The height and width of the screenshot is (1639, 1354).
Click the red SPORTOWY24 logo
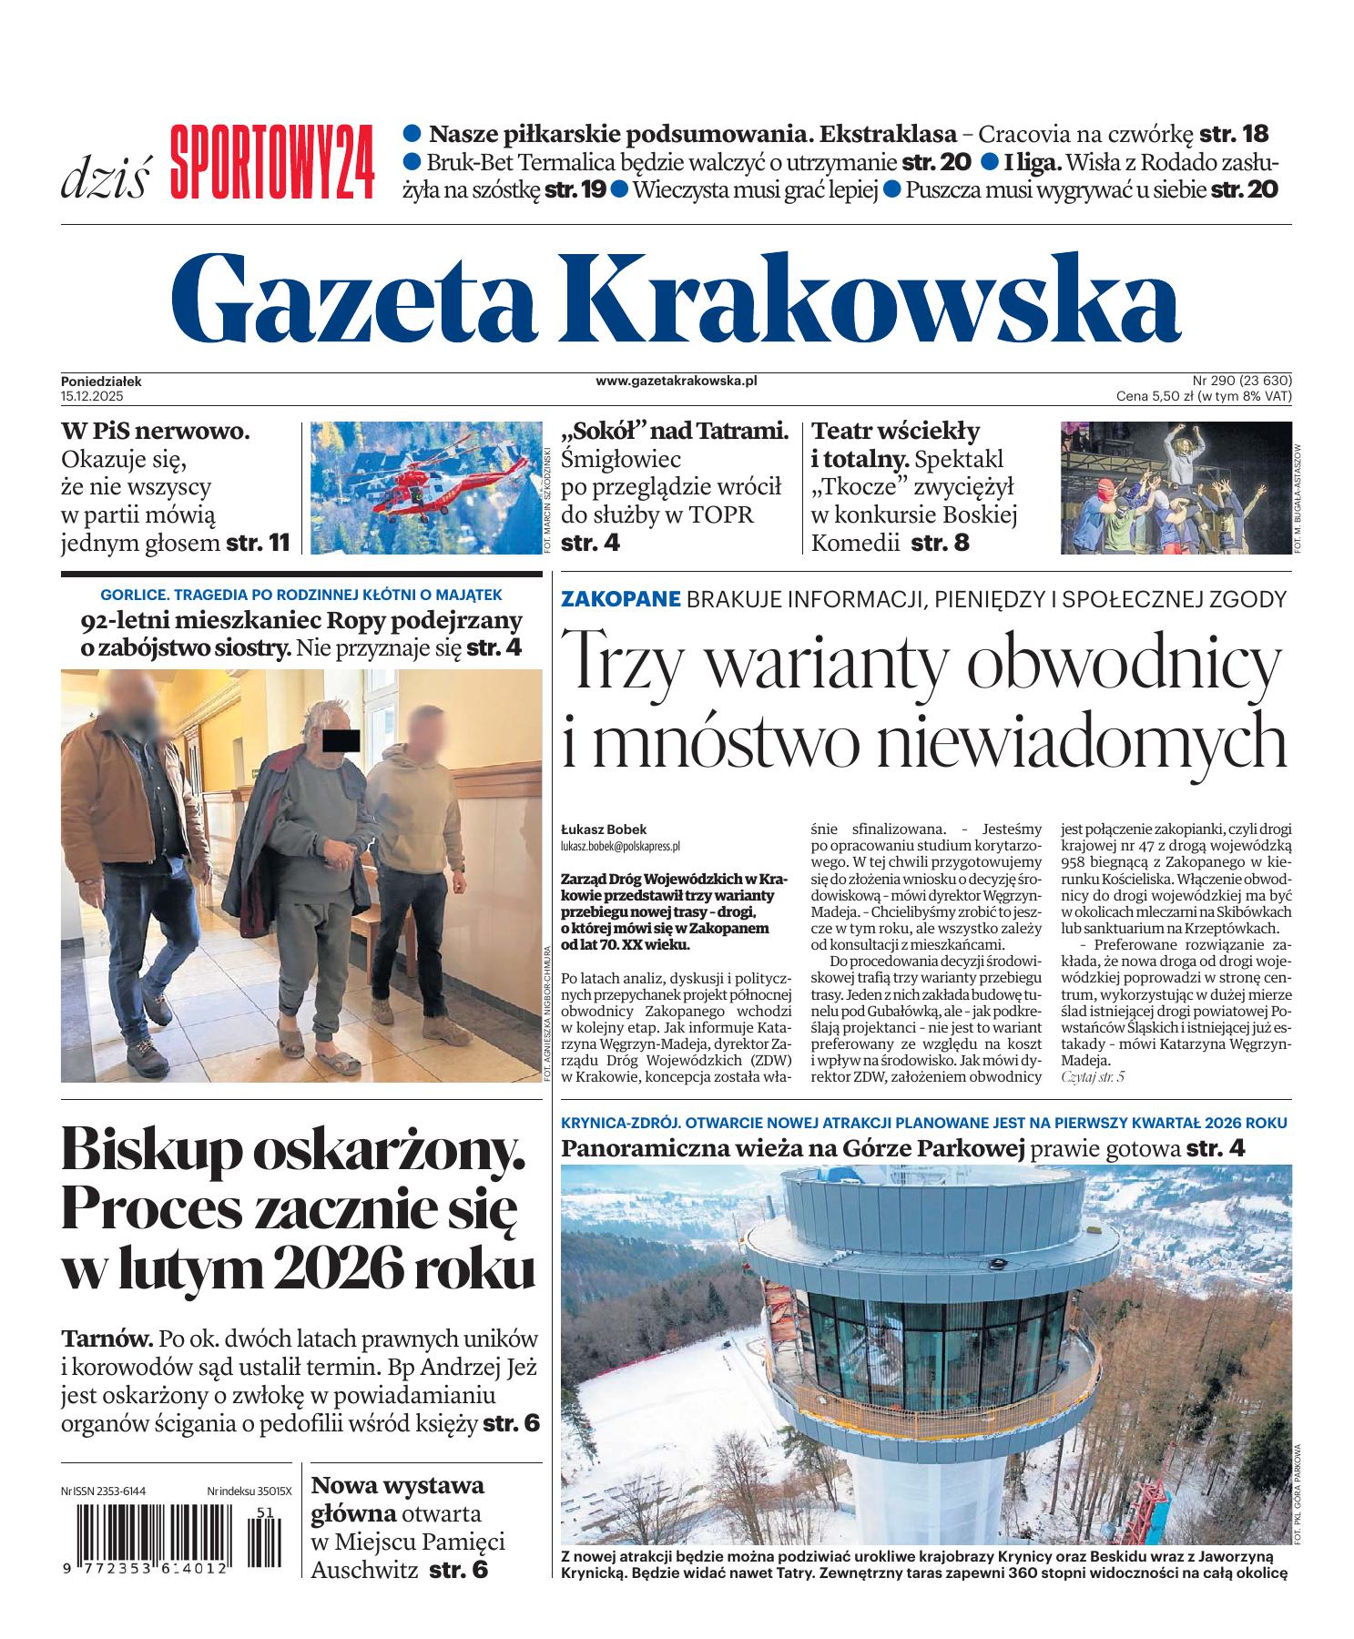272,162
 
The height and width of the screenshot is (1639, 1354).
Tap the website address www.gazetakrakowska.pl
677,382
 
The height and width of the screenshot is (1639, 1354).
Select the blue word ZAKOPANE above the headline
621,599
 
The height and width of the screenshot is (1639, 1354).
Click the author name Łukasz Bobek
604,830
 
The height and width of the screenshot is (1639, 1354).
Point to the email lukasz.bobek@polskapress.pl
621,846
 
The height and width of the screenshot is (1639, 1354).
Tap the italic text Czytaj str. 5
1093,1077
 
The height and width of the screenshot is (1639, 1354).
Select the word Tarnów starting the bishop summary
107,1339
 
